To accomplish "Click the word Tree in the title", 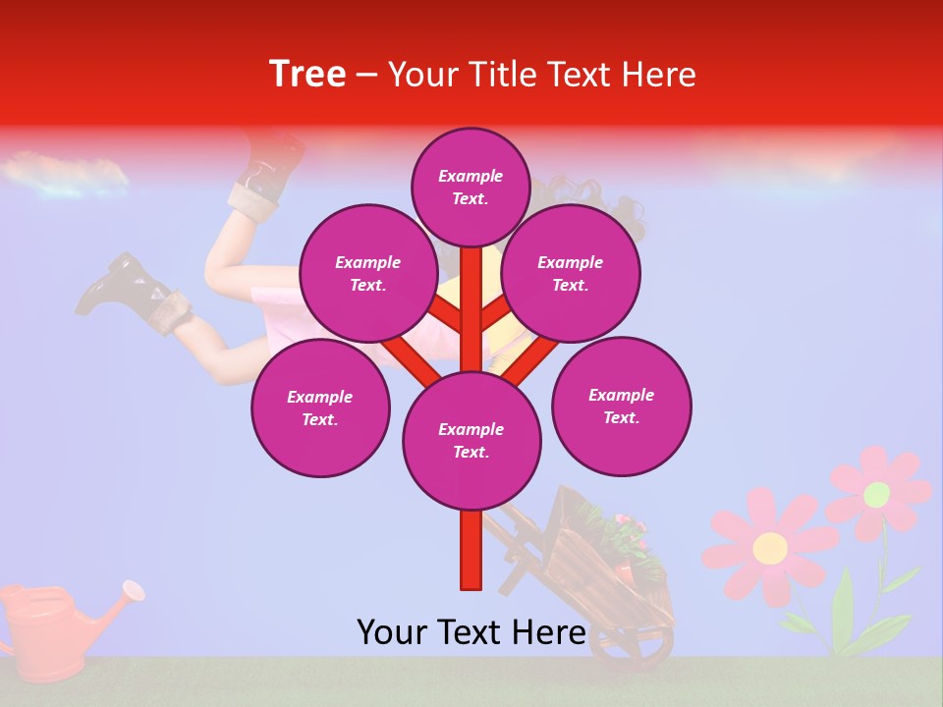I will point(307,75).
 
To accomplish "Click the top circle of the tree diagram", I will point(471,187).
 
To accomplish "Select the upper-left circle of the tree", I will point(367,274).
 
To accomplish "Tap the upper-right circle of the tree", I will point(570,274).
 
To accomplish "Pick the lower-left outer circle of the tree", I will point(320,408).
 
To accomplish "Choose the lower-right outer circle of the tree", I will point(621,406).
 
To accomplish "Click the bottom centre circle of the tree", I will point(471,441).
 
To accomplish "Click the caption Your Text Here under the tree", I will point(471,631).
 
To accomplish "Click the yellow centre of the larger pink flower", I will point(770,547).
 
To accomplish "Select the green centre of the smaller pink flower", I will point(876,495).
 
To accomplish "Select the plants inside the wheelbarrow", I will point(614,535).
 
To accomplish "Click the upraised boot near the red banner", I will point(267,167).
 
